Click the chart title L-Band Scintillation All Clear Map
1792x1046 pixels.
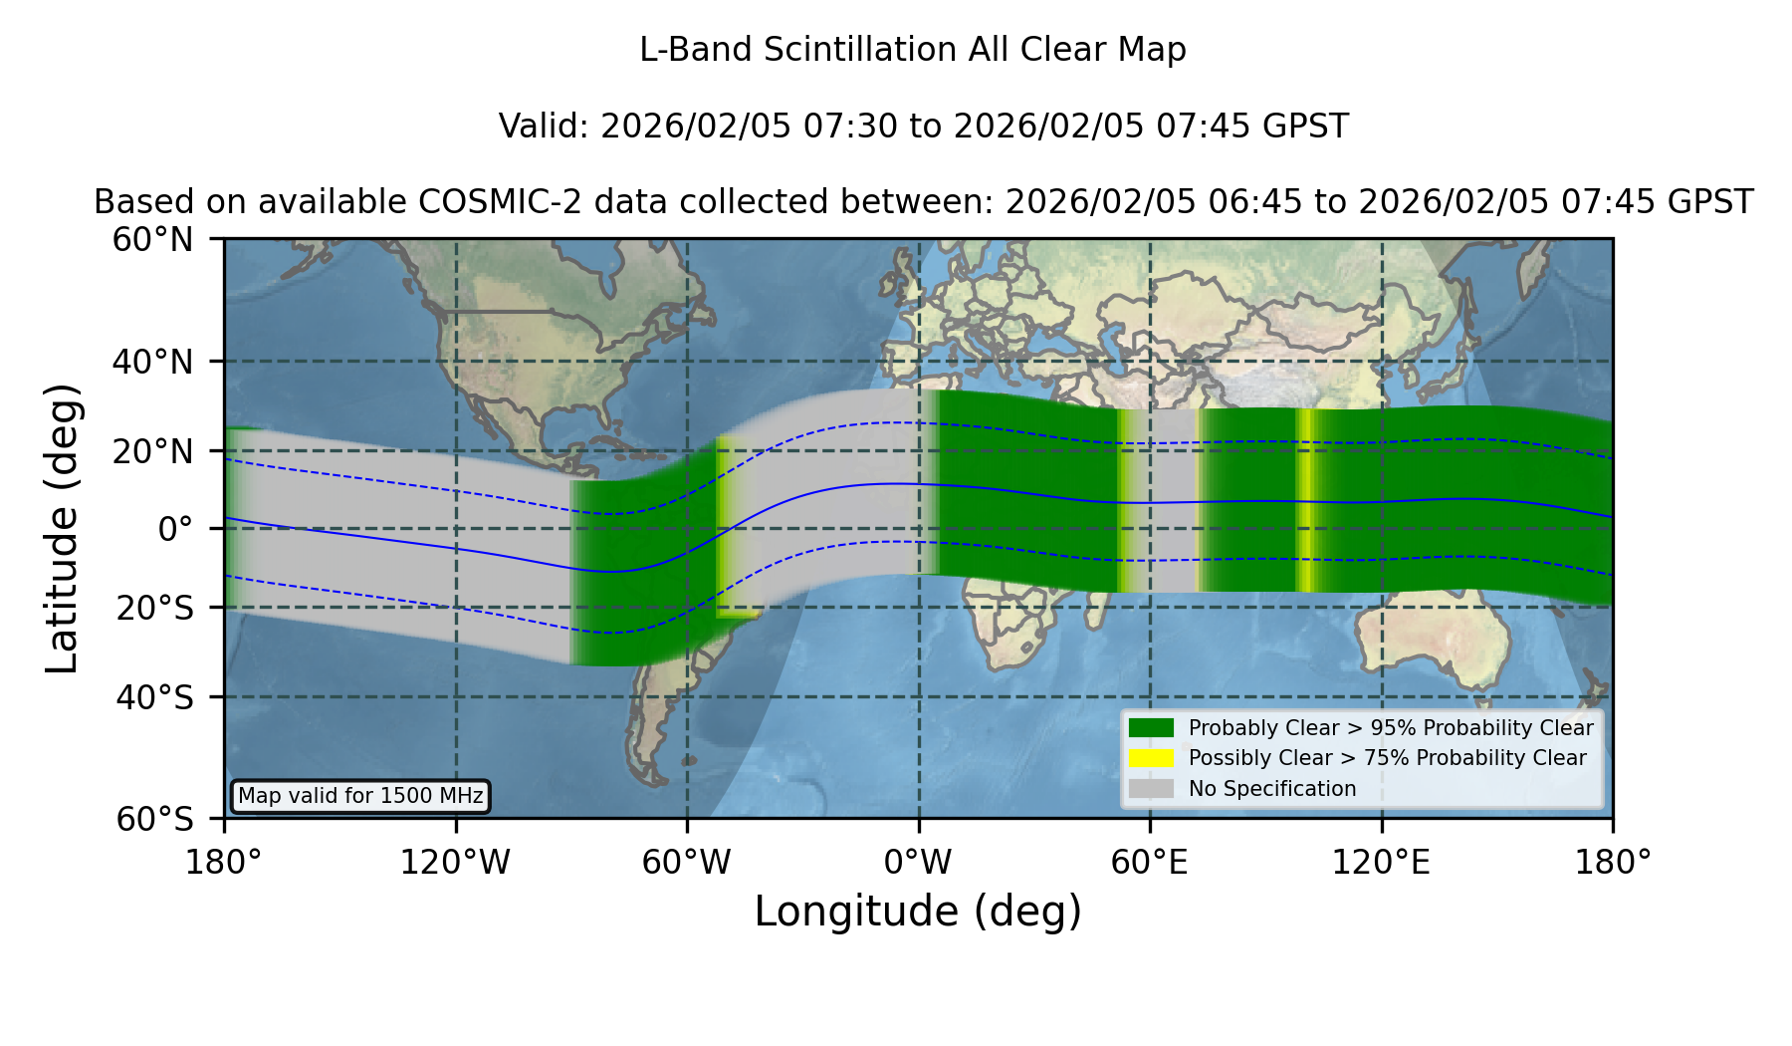click(912, 50)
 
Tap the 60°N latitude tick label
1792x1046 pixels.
click(153, 240)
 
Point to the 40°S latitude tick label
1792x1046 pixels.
click(154, 697)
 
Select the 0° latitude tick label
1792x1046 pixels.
click(175, 528)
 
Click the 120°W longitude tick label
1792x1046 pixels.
click(455, 863)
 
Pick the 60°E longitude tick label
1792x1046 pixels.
click(1150, 863)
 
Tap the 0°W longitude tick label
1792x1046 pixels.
click(919, 863)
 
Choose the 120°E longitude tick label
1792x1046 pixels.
click(1382, 863)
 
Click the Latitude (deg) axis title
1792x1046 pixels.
click(62, 528)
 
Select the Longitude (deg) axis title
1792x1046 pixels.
click(918, 912)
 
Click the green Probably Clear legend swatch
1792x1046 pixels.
click(1151, 728)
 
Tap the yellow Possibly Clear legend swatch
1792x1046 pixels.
click(1151, 758)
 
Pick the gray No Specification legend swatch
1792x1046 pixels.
click(1151, 789)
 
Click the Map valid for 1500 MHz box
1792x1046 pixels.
click(360, 796)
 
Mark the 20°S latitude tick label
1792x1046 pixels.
click(154, 607)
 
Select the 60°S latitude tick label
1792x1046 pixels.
click(154, 819)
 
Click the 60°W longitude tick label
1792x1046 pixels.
click(687, 863)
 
